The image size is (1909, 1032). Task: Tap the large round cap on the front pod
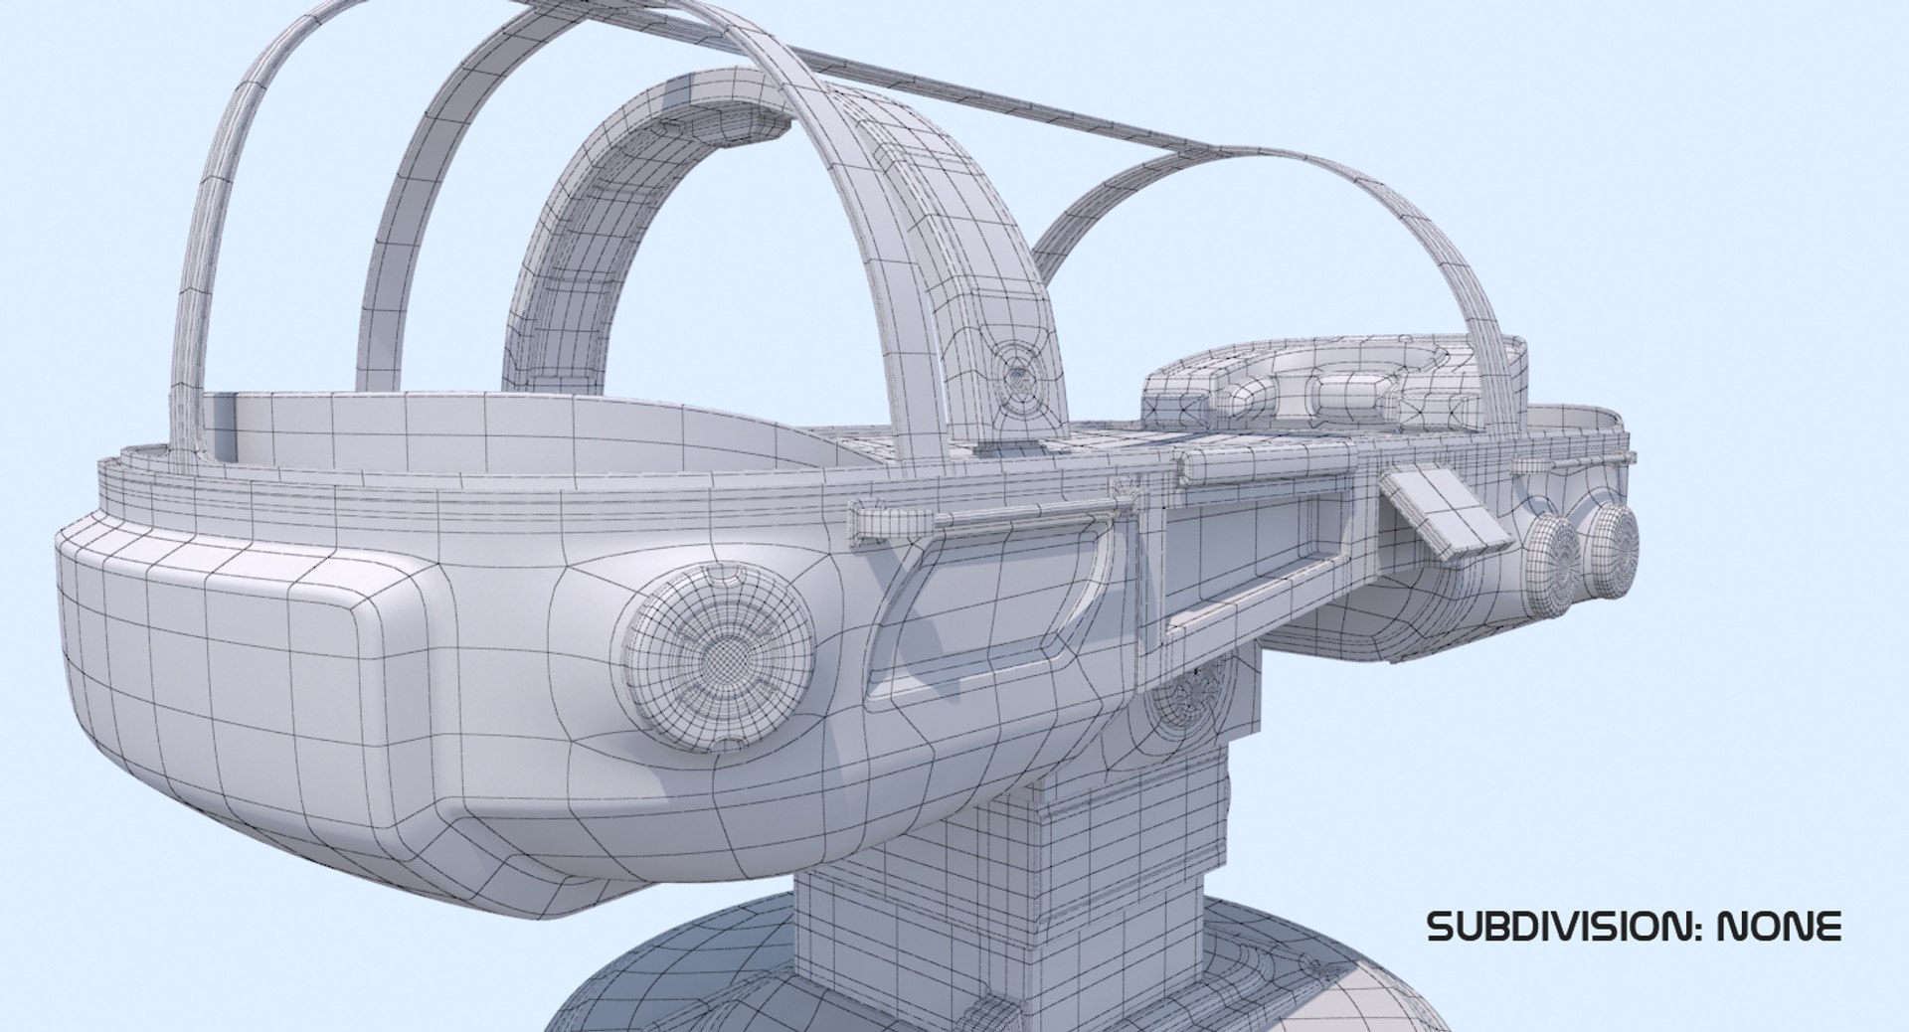715,657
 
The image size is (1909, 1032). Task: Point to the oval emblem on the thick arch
1020,379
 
